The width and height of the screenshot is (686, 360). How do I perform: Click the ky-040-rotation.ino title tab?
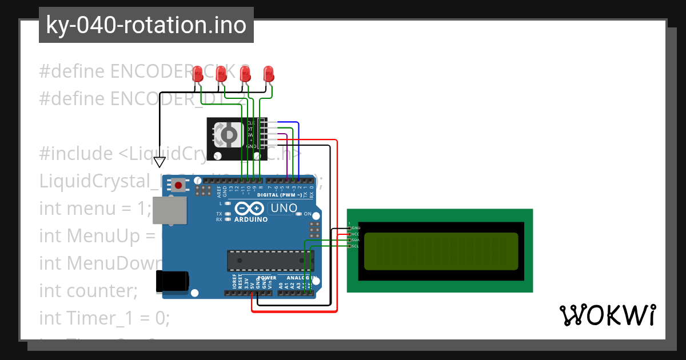coord(146,25)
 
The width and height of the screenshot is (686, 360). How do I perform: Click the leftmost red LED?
coord(198,74)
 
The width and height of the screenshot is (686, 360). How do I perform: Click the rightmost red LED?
coord(269,74)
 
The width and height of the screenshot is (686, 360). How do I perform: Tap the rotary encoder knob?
coord(228,134)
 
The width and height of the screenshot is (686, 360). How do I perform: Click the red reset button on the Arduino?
coord(179,185)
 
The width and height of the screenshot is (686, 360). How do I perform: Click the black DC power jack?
coord(172,281)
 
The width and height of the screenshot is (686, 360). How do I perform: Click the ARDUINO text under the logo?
coord(250,219)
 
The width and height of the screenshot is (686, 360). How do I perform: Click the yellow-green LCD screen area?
coord(441,251)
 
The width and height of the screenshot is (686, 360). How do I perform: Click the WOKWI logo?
coord(607,315)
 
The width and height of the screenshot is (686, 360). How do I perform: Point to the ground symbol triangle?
coord(160,162)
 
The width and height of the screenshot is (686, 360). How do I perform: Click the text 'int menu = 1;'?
coord(94,209)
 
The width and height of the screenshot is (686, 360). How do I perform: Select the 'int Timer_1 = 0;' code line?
coord(104,318)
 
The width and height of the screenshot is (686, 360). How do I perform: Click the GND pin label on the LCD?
coord(356,227)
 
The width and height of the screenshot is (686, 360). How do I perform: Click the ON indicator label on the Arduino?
coord(308,214)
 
